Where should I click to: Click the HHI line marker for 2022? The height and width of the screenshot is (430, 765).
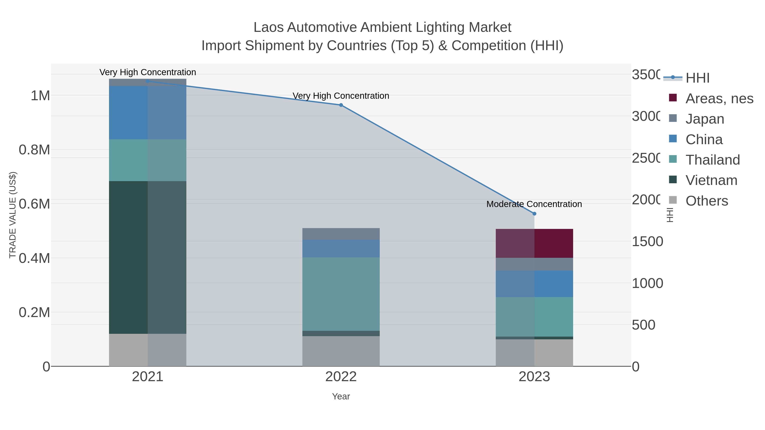[341, 105]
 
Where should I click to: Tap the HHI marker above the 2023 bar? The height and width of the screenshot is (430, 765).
[534, 214]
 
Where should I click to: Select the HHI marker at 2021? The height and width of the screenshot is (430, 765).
[148, 81]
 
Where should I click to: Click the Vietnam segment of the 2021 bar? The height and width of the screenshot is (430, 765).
[148, 257]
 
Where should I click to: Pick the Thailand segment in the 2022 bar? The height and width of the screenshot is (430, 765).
[341, 294]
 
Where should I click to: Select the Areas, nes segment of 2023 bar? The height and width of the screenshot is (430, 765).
[534, 243]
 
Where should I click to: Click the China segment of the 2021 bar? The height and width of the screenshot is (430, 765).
[148, 113]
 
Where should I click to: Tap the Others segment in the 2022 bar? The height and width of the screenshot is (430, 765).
[341, 351]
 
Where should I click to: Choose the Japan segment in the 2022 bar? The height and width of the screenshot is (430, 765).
[341, 234]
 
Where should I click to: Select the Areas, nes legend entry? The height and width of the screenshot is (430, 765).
[719, 99]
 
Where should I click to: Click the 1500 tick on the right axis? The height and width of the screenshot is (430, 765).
[647, 242]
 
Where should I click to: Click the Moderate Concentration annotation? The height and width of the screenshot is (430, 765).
[534, 204]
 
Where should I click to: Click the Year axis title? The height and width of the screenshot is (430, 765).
[341, 396]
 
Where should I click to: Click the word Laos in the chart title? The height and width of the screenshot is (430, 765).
[268, 28]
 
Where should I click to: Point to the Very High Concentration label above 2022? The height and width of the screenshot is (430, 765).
[341, 96]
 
